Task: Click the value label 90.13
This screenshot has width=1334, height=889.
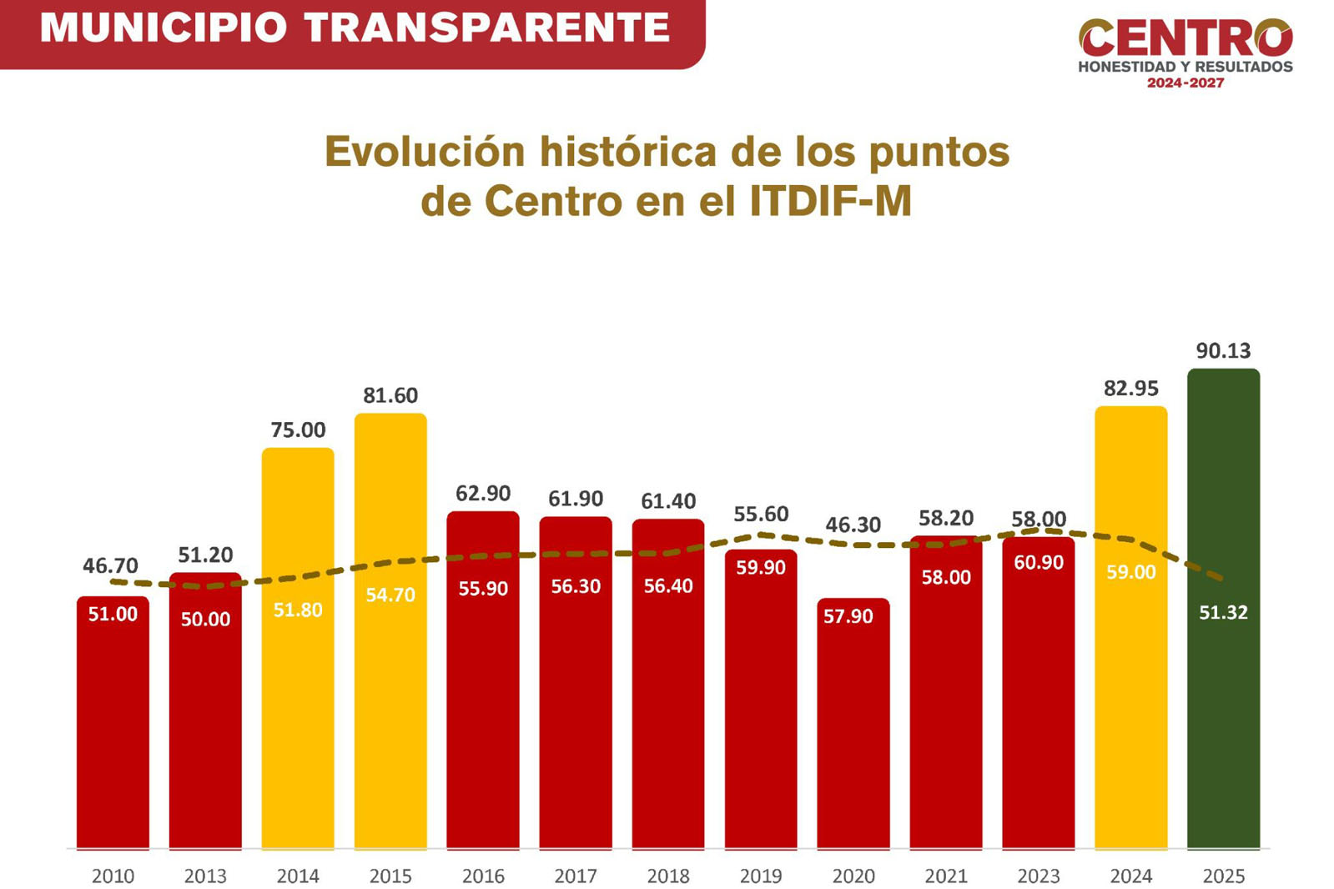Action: (x=1223, y=351)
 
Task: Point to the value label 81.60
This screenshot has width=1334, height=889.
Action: (x=390, y=395)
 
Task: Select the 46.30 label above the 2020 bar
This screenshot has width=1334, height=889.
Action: (x=853, y=525)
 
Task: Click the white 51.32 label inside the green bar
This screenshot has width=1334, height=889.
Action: (x=1223, y=613)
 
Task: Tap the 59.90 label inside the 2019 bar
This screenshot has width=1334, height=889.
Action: (x=760, y=568)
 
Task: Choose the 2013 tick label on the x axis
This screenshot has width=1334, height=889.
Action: (x=205, y=876)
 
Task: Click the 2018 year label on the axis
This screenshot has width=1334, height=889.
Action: (x=668, y=876)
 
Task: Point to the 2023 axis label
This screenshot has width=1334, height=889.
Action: (x=1038, y=876)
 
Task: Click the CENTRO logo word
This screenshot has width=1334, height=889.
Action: (x=1185, y=38)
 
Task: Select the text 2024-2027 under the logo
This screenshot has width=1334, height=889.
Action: (x=1185, y=83)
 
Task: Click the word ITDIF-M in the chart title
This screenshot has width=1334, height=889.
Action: (x=830, y=201)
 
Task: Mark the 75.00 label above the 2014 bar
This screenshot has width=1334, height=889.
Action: (x=298, y=430)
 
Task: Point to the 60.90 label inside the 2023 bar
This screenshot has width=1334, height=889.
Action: (x=1038, y=563)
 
